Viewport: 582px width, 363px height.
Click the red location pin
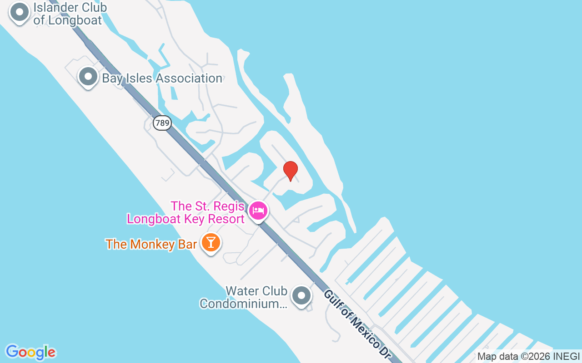pyautogui.click(x=290, y=170)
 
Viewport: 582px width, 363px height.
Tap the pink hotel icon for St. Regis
pyautogui.click(x=258, y=211)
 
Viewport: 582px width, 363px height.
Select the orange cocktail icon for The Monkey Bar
pyautogui.click(x=211, y=242)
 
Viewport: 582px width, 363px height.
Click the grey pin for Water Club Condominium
pyautogui.click(x=301, y=295)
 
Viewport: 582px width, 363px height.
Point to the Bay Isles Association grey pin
pyautogui.click(x=88, y=77)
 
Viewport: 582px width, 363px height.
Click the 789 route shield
pyautogui.click(x=162, y=123)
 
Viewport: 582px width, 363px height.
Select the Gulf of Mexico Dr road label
pyautogui.click(x=357, y=324)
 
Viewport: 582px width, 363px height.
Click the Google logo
pyautogui.click(x=30, y=352)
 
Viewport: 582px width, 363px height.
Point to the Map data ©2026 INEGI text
pyautogui.click(x=528, y=357)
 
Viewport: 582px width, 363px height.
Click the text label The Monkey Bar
pyautogui.click(x=151, y=244)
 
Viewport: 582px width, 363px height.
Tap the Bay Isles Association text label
pyautogui.click(x=162, y=78)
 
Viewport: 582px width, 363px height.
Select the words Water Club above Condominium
pyautogui.click(x=256, y=291)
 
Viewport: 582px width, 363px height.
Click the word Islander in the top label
pyautogui.click(x=57, y=8)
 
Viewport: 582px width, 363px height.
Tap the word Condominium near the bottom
pyautogui.click(x=243, y=304)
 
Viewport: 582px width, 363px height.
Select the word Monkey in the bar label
pyautogui.click(x=152, y=244)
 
